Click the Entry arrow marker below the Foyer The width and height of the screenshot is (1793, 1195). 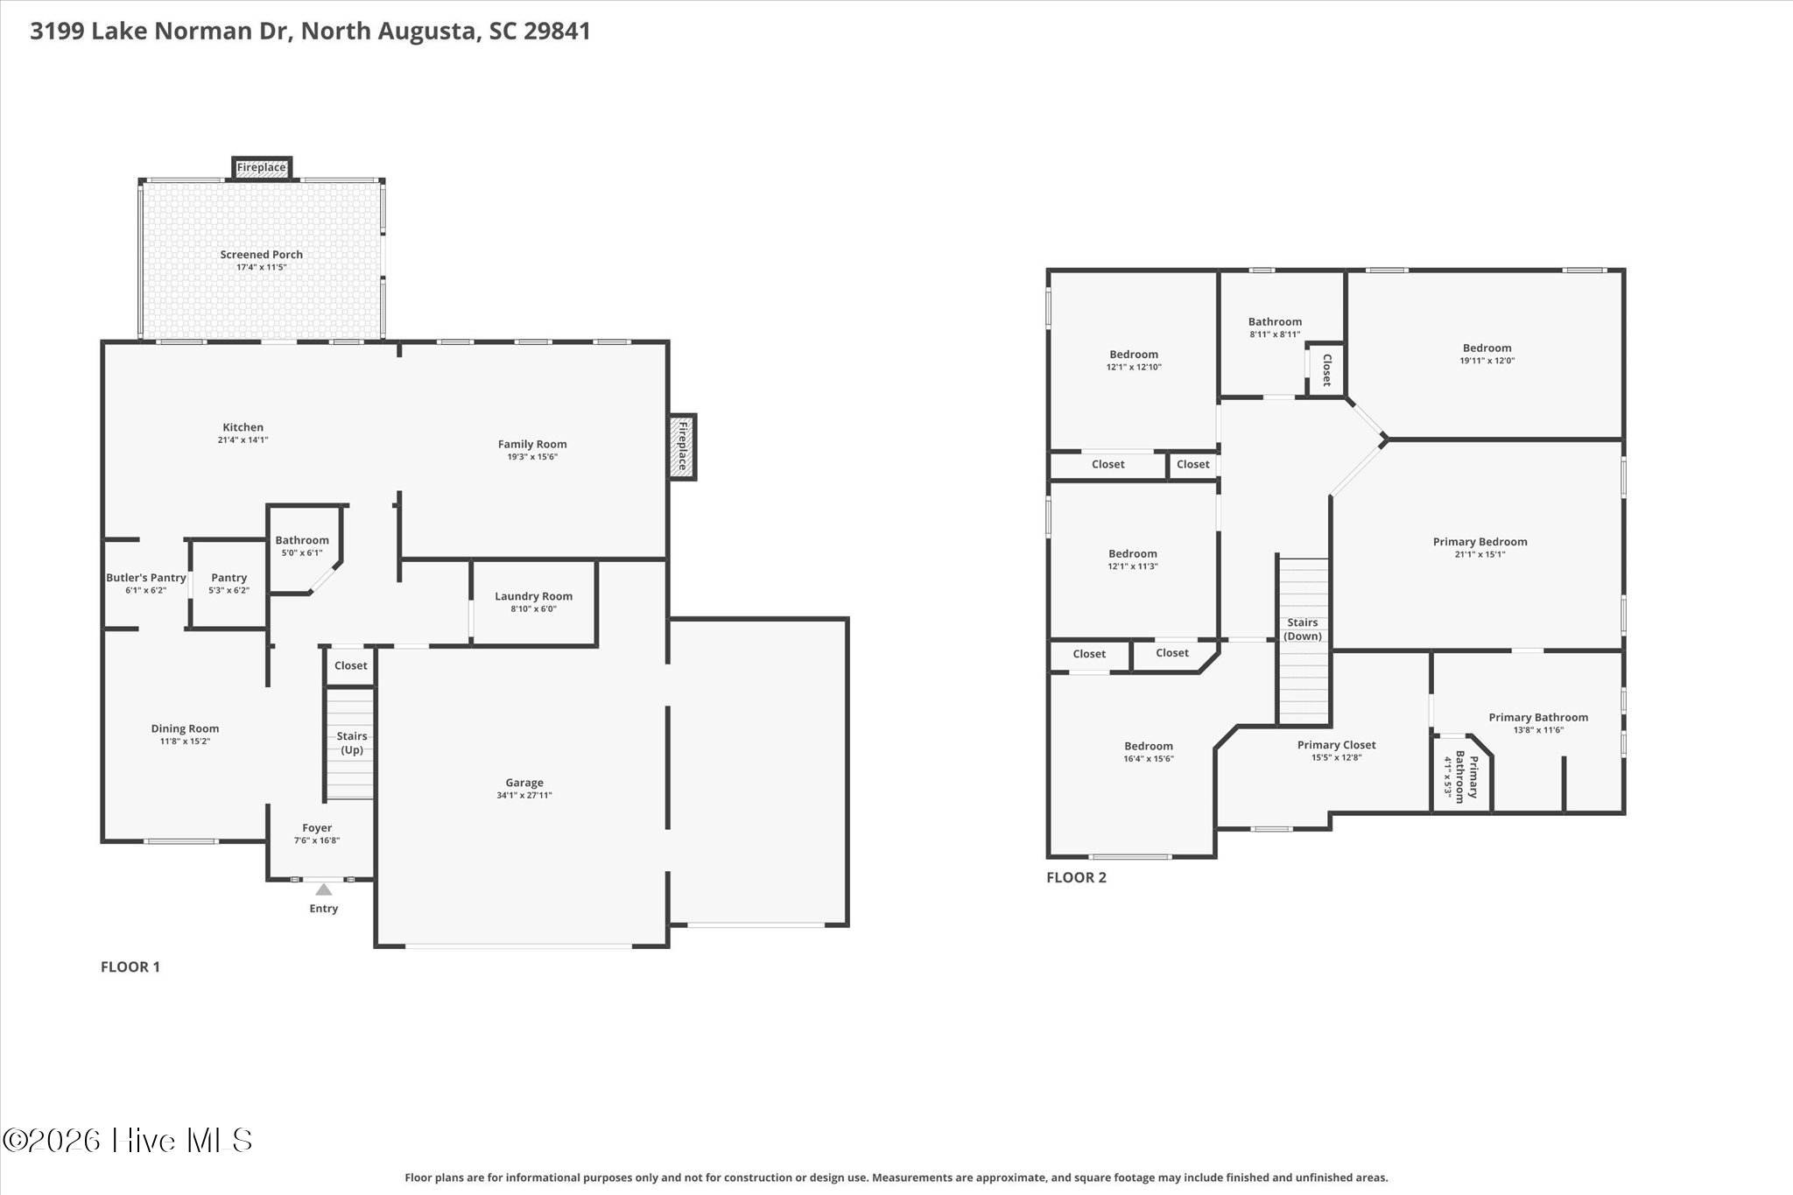[324, 889]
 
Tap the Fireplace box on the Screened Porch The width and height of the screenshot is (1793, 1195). [262, 168]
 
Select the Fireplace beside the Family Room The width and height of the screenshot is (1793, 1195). [683, 446]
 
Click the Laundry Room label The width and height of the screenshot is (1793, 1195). [533, 596]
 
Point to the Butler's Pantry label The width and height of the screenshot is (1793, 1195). [146, 578]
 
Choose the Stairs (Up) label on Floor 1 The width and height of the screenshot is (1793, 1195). [352, 743]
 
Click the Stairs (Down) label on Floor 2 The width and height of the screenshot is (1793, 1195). [1303, 629]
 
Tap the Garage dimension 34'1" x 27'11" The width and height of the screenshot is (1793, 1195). [524, 796]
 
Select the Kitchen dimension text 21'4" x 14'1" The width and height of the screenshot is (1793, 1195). [243, 440]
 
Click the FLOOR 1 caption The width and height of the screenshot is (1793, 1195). [130, 967]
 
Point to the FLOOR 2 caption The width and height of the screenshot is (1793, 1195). [1077, 877]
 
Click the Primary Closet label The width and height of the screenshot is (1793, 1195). [1337, 745]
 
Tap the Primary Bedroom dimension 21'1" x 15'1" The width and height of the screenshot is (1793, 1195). [1480, 554]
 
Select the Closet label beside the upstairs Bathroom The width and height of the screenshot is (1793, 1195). [1326, 369]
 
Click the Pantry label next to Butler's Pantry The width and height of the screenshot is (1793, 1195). [229, 578]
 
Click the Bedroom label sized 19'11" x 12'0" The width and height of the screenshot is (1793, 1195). [1487, 348]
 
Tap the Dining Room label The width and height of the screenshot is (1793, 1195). [185, 728]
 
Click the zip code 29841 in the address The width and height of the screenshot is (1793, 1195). [558, 32]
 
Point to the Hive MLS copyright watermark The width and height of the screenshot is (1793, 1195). [128, 1140]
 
